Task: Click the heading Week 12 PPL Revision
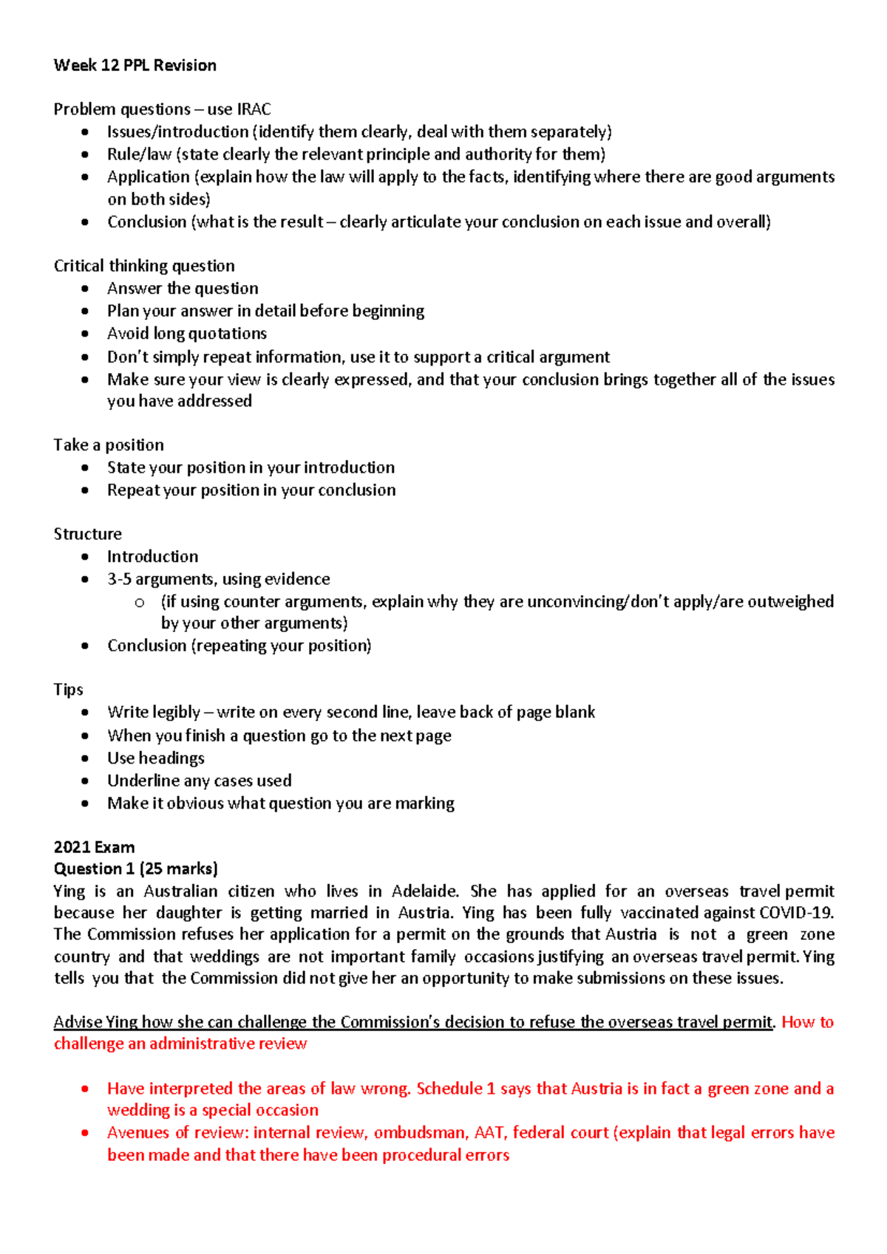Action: click(x=135, y=66)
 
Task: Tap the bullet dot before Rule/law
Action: click(x=86, y=155)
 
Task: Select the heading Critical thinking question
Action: click(x=144, y=266)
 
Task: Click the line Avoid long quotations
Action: click(x=186, y=334)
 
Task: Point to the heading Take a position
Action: click(x=109, y=445)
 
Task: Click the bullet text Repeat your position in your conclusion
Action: click(x=251, y=490)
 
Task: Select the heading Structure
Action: click(x=87, y=534)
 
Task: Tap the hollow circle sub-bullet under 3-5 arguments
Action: click(x=140, y=603)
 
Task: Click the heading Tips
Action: click(x=68, y=690)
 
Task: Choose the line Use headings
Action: click(x=155, y=758)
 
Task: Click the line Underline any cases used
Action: click(x=199, y=781)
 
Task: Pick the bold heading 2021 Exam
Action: click(x=94, y=847)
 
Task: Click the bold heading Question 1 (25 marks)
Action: click(x=135, y=868)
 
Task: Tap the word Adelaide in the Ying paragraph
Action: click(x=424, y=891)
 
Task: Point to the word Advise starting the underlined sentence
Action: click(x=78, y=1022)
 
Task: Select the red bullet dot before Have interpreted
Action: click(x=86, y=1089)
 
